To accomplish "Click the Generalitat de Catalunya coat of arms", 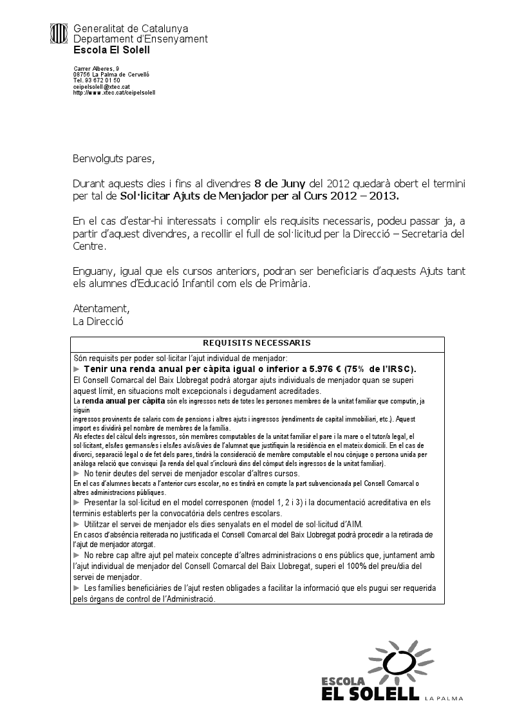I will [59, 32].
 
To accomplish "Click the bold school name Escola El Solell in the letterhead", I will [104, 49].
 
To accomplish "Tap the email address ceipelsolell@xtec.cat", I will [102, 86].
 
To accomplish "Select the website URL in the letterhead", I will [115, 92].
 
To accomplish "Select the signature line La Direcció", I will [98, 321].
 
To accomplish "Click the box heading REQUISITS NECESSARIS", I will [257, 343].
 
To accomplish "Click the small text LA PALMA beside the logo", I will [444, 697].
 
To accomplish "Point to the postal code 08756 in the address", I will [81, 75].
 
